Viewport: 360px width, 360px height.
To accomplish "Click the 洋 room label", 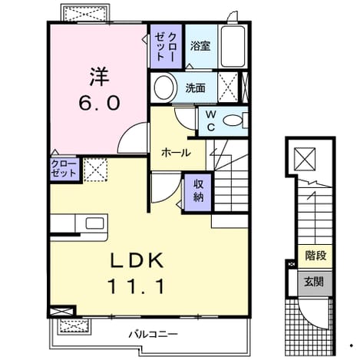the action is [99, 76].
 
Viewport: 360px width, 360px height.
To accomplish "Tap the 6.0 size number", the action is [99, 103].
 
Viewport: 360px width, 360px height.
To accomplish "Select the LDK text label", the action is [137, 260].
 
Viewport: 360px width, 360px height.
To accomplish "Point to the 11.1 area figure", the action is [136, 286].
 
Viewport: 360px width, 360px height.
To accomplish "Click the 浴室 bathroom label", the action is [200, 46].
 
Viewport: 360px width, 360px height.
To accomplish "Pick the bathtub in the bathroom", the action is [233, 46].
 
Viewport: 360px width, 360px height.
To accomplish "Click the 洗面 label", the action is [196, 88].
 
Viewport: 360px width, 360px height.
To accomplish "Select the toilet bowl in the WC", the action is [233, 121].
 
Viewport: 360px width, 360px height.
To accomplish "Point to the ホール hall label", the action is [176, 153].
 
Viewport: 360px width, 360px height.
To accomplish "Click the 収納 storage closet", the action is [198, 193].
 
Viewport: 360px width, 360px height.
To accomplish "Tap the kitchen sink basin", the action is [94, 223].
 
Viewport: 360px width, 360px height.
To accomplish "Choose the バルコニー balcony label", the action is [153, 334].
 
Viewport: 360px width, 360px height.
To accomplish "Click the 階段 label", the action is [315, 256].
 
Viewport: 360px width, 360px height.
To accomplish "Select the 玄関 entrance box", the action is [315, 282].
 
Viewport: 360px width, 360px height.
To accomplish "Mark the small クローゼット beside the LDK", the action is [64, 169].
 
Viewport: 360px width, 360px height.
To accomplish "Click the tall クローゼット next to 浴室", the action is [166, 46].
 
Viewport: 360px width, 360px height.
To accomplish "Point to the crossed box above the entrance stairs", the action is [305, 159].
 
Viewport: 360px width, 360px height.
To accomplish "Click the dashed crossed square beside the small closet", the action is [95, 170].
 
